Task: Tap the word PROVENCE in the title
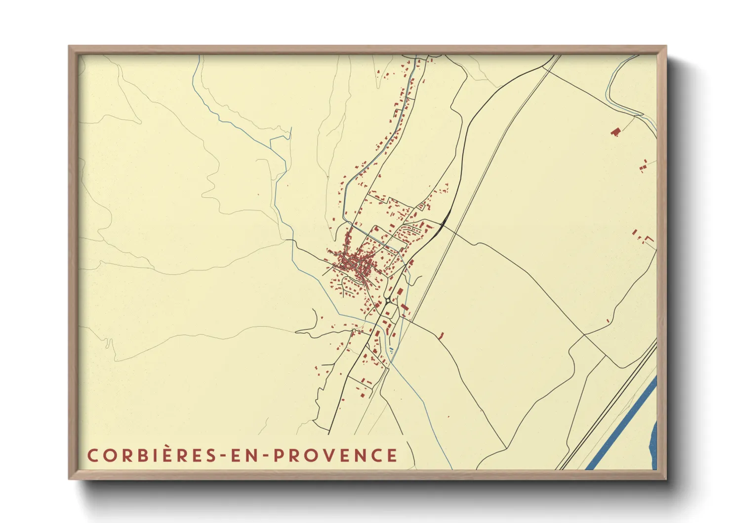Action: pyautogui.click(x=335, y=455)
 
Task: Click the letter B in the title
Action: pyautogui.click(x=141, y=455)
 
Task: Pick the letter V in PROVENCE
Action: pyautogui.click(x=329, y=455)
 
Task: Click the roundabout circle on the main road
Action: pyautogui.click(x=388, y=300)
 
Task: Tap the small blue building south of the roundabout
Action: pyautogui.click(x=392, y=349)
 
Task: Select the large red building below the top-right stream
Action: pyautogui.click(x=615, y=131)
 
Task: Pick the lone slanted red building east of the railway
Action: pyautogui.click(x=442, y=335)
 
